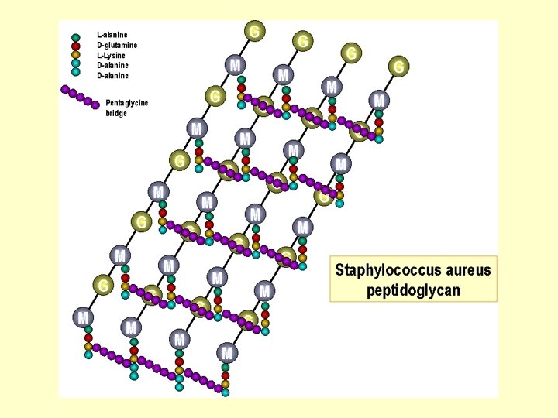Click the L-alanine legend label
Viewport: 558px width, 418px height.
point(112,35)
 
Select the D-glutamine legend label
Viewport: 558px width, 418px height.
point(117,45)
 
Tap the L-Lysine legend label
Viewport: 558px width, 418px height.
point(112,55)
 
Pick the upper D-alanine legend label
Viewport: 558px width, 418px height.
point(112,65)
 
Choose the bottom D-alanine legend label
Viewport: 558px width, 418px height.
point(112,75)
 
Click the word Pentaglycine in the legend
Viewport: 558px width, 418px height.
point(126,103)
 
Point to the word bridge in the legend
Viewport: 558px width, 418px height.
point(116,113)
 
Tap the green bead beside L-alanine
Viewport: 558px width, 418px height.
point(76,36)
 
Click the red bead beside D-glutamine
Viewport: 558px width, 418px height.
point(76,46)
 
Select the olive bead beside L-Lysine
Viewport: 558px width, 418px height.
point(76,55)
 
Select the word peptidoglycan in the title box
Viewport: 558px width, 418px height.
point(413,290)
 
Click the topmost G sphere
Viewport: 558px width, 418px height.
point(254,31)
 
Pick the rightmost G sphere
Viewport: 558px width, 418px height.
point(399,67)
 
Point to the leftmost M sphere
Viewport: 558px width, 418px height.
point(84,317)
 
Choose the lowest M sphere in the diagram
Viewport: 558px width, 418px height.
point(227,353)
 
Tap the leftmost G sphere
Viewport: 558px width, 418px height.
point(102,286)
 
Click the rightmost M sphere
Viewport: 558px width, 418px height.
point(379,100)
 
